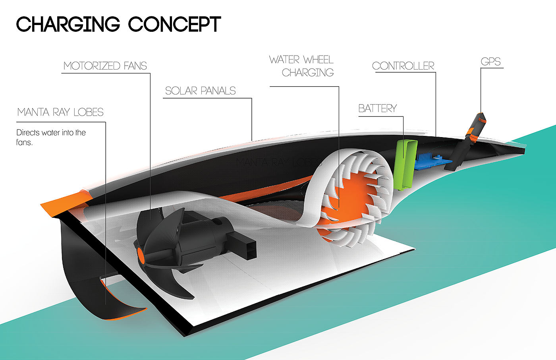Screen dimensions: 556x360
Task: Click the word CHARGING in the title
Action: pyautogui.click(x=68, y=25)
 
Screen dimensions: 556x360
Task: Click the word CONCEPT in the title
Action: pyautogui.click(x=174, y=25)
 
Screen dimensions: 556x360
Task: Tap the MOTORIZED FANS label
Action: pyautogui.click(x=105, y=66)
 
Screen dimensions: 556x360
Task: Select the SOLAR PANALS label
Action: pyautogui.click(x=200, y=91)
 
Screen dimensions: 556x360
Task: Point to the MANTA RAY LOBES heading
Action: pyautogui.click(x=60, y=112)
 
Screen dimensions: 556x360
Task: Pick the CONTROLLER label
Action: pyautogui.click(x=403, y=66)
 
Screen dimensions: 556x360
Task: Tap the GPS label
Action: pyautogui.click(x=490, y=62)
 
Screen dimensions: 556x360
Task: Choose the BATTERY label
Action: pyautogui.click(x=377, y=108)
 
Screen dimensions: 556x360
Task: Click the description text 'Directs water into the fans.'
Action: pyautogui.click(x=51, y=137)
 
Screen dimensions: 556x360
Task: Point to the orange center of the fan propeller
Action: pyautogui.click(x=140, y=255)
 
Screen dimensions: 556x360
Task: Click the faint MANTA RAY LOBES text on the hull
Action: pyautogui.click(x=278, y=162)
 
